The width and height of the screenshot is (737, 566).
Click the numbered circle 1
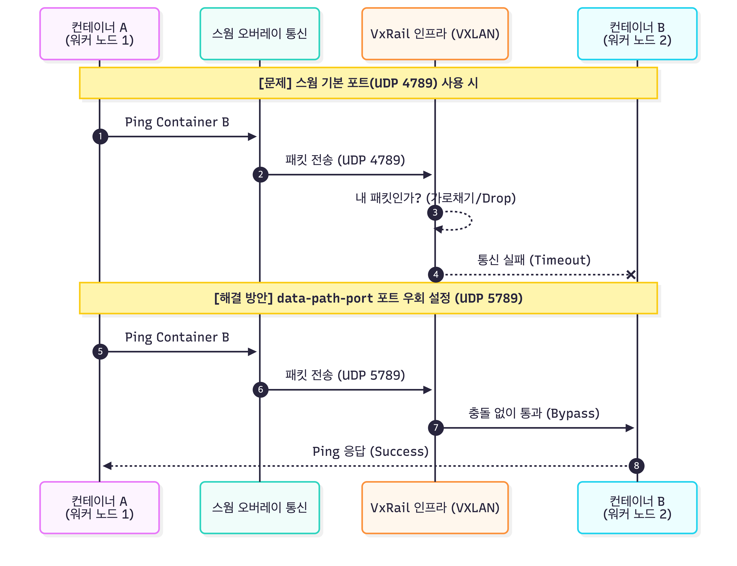coord(100,136)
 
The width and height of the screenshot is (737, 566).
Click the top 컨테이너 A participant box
coord(99,34)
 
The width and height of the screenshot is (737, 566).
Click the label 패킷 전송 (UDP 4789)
coord(345,160)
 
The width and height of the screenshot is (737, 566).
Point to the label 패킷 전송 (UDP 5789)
coord(345,375)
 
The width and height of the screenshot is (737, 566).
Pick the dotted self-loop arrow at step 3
coord(471,221)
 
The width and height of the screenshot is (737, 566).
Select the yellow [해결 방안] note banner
coord(368,298)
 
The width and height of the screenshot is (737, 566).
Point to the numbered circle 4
coord(436,275)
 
